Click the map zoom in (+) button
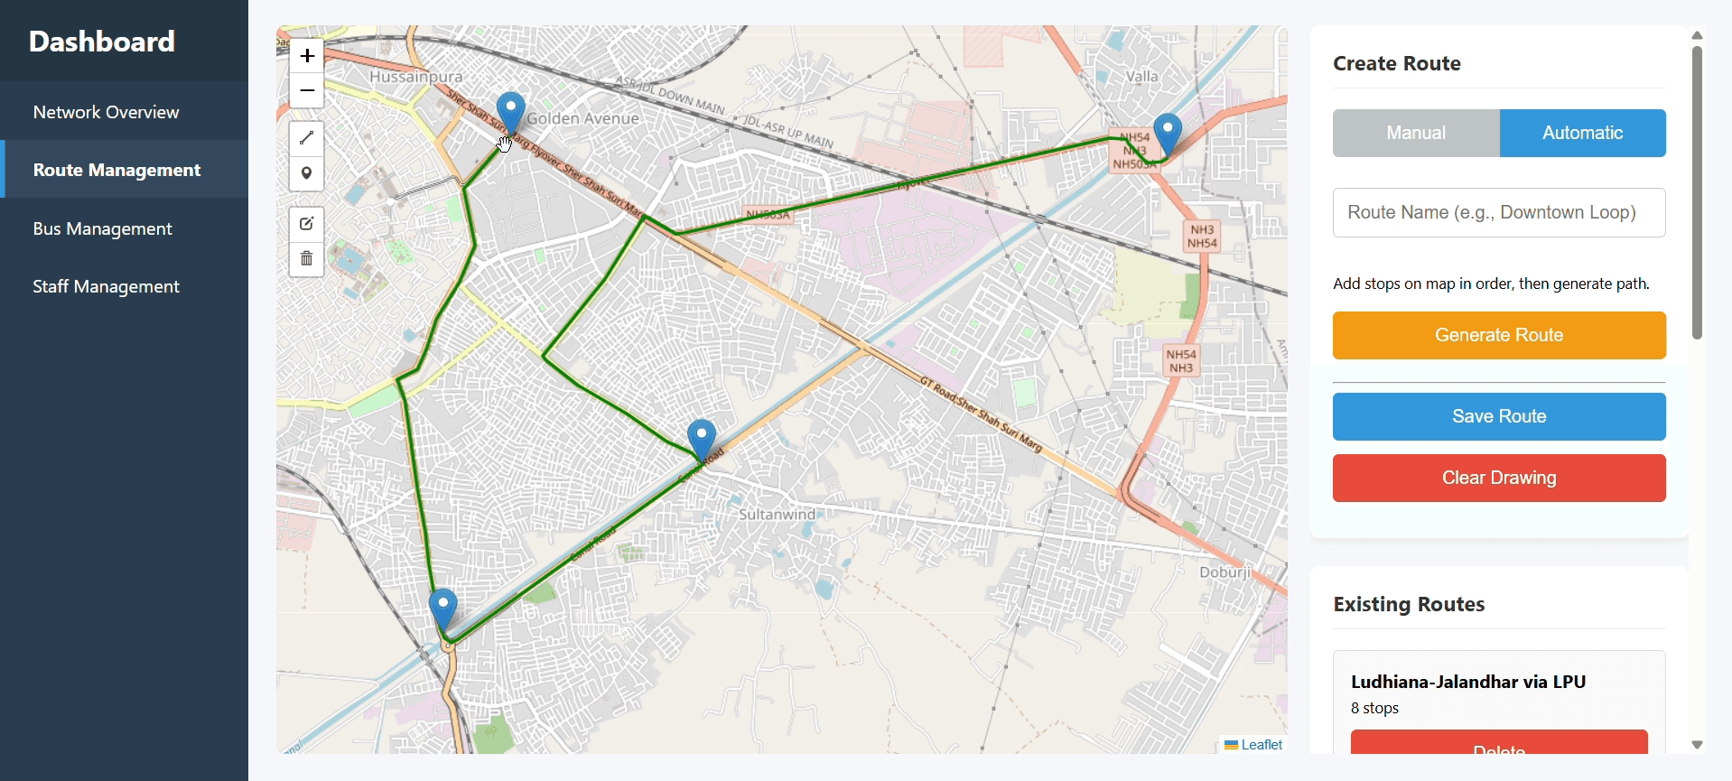coord(307,56)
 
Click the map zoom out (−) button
coord(307,91)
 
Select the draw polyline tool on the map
coord(307,138)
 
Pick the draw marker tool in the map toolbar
coord(307,173)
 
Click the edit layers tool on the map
coord(307,224)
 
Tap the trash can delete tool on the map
coord(307,259)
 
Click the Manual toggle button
coord(1415,134)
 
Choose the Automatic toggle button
coord(1582,134)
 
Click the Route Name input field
coord(1498,213)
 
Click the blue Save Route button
coord(1498,416)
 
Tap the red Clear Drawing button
coord(1498,478)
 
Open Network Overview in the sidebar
coord(107,112)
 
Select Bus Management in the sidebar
coord(103,229)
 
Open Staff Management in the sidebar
coord(107,287)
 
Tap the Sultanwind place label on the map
coord(777,515)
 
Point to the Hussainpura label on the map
coord(415,78)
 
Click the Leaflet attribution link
coord(1262,745)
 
